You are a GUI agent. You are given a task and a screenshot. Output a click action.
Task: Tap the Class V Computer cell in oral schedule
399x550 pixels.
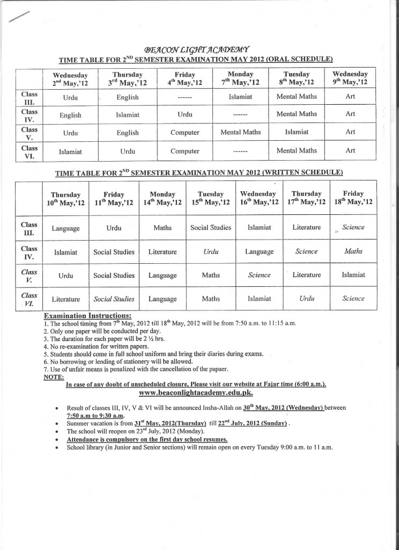(x=185, y=133)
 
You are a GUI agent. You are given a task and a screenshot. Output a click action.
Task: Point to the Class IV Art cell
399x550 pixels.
(x=350, y=114)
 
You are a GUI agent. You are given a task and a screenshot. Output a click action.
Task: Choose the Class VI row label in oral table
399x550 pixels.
(x=29, y=151)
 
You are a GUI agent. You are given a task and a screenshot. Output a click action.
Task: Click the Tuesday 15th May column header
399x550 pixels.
(x=211, y=198)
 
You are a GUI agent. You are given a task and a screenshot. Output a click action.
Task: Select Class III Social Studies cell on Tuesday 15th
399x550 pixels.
(x=211, y=228)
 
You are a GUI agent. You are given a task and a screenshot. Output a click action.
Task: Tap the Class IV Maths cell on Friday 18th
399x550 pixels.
(x=353, y=251)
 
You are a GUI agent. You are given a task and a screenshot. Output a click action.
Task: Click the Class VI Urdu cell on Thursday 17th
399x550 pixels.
(x=306, y=299)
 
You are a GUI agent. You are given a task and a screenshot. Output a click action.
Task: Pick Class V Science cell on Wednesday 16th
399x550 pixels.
(x=259, y=275)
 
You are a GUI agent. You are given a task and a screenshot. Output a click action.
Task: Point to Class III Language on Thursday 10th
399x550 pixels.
(x=65, y=228)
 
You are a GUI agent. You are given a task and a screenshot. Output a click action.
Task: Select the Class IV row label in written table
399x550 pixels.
(x=29, y=252)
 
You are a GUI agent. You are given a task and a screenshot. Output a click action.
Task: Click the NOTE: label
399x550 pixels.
(x=52, y=377)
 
